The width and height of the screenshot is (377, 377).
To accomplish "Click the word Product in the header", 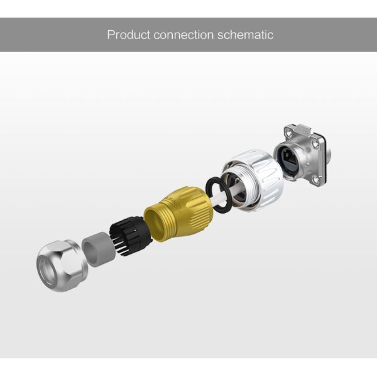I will (128, 35).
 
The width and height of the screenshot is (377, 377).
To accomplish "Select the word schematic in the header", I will (246, 35).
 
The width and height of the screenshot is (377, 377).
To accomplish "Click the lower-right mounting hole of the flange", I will (317, 180).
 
